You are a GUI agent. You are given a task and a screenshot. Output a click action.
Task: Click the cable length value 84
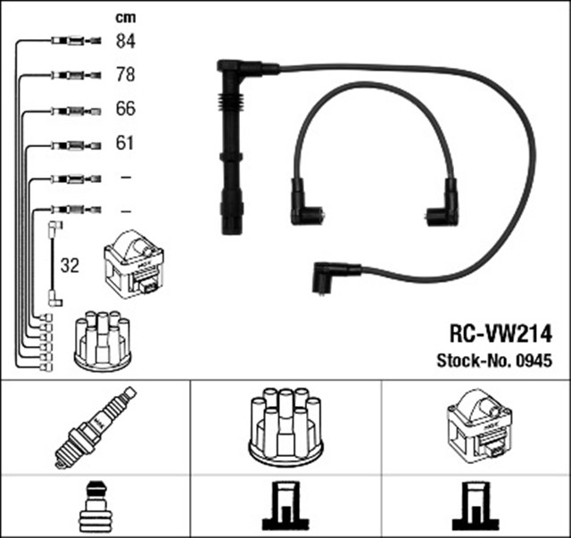(x=126, y=40)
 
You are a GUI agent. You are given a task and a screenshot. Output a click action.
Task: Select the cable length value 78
(x=126, y=75)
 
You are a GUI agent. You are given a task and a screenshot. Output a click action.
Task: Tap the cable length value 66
(x=126, y=110)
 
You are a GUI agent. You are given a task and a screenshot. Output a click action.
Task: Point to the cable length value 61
(x=126, y=143)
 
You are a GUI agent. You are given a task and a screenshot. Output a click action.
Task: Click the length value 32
(x=69, y=266)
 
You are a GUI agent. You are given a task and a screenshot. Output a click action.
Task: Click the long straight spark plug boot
(x=230, y=147)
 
